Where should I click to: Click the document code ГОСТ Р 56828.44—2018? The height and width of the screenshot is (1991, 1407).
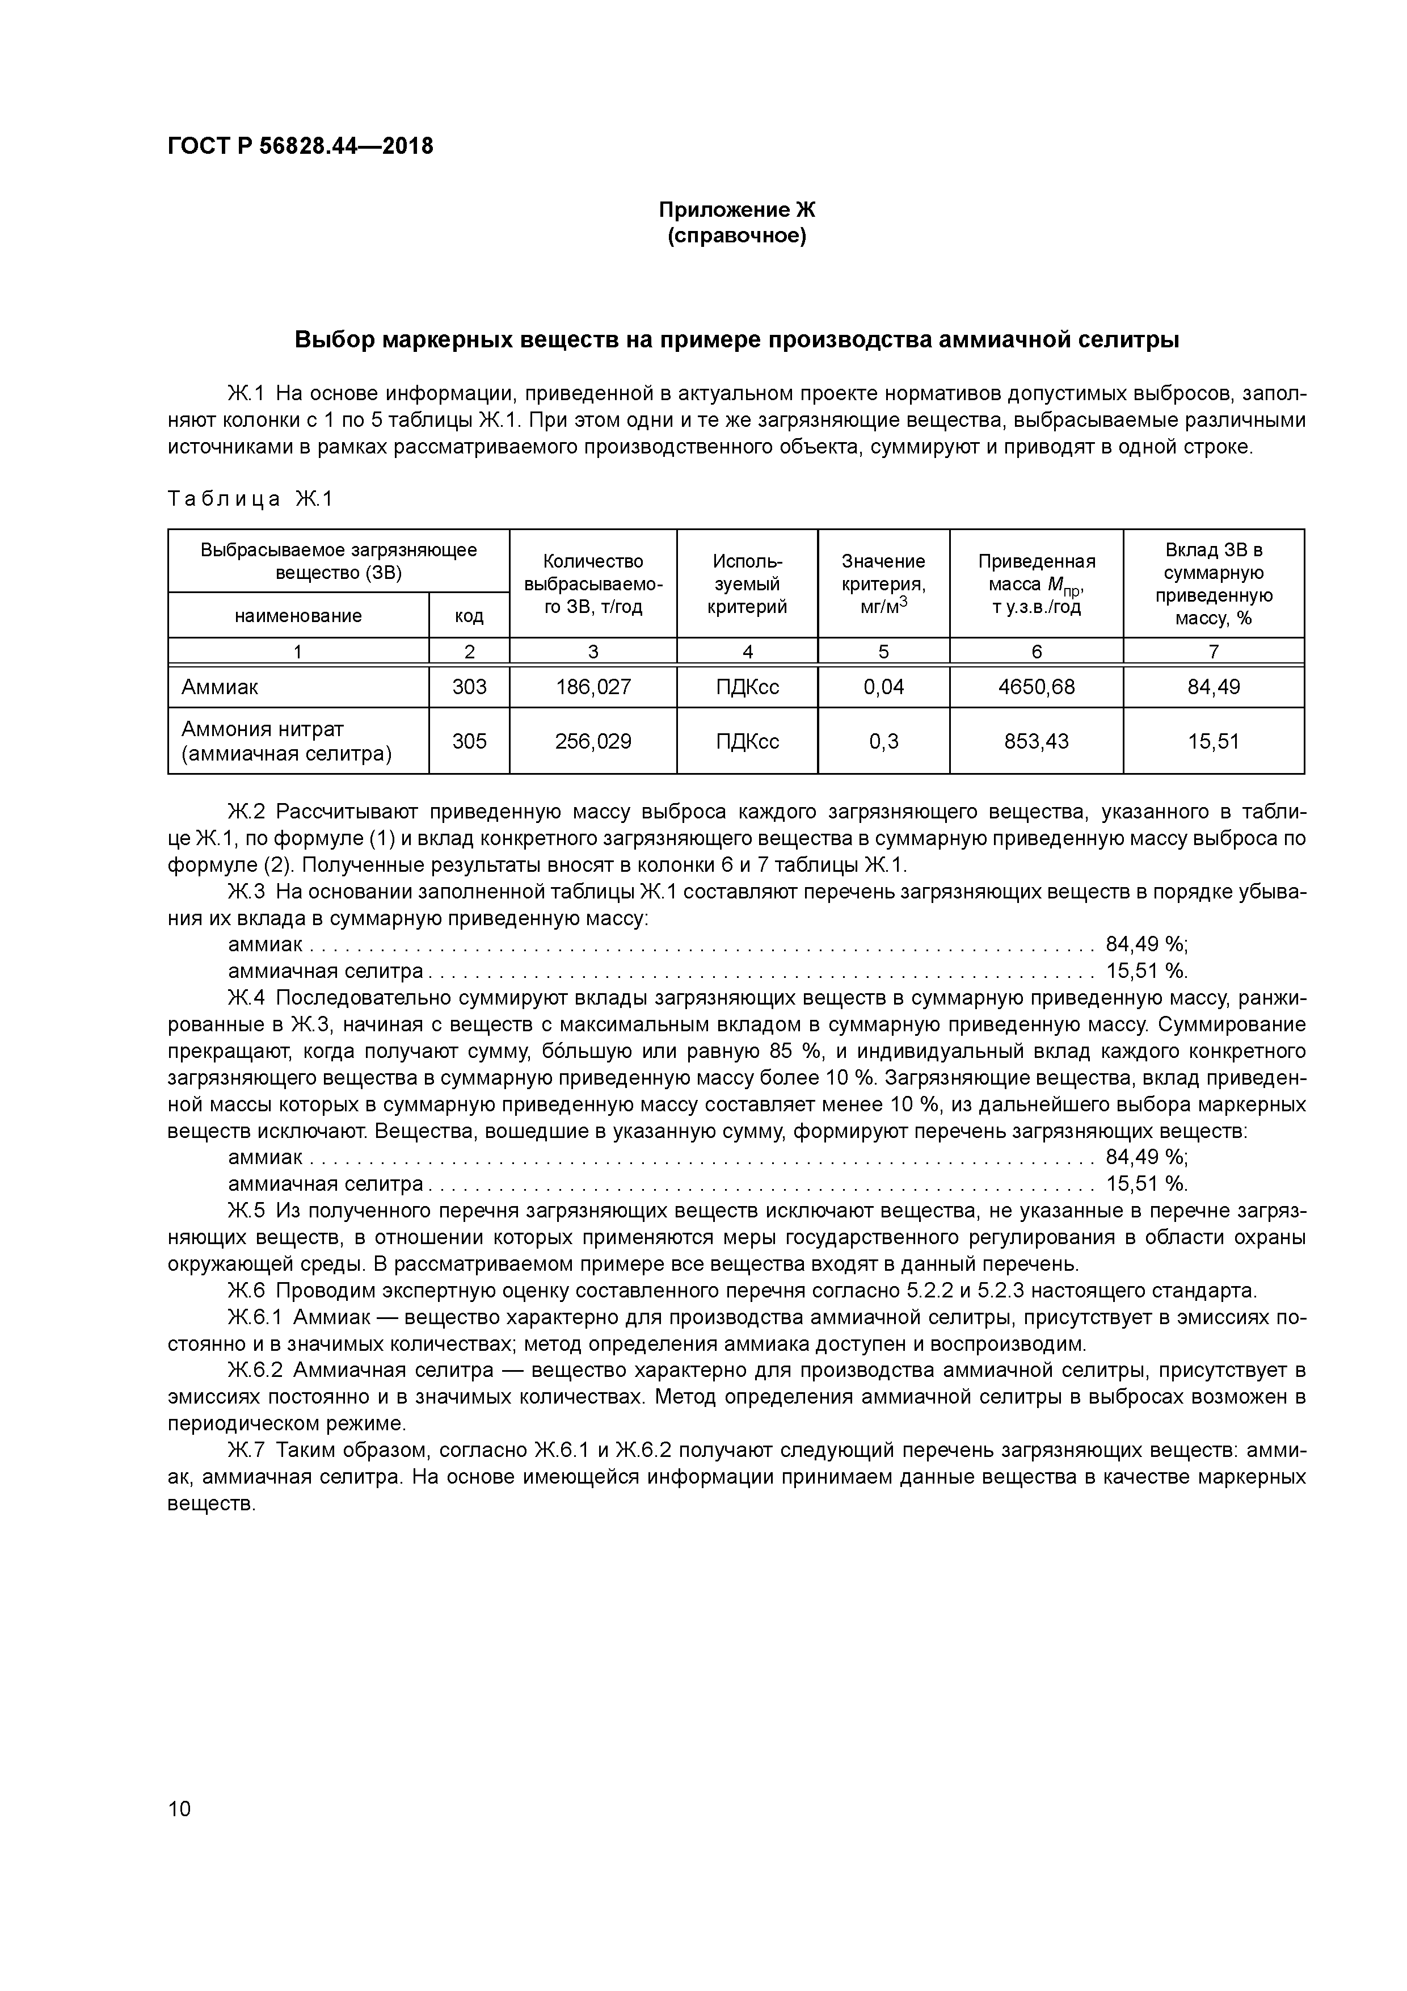(300, 146)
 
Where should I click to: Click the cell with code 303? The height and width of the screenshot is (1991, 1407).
(469, 687)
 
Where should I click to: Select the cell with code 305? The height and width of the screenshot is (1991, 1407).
(469, 741)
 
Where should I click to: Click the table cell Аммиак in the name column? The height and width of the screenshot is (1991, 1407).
(220, 687)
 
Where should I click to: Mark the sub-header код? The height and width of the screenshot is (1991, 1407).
(469, 616)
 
